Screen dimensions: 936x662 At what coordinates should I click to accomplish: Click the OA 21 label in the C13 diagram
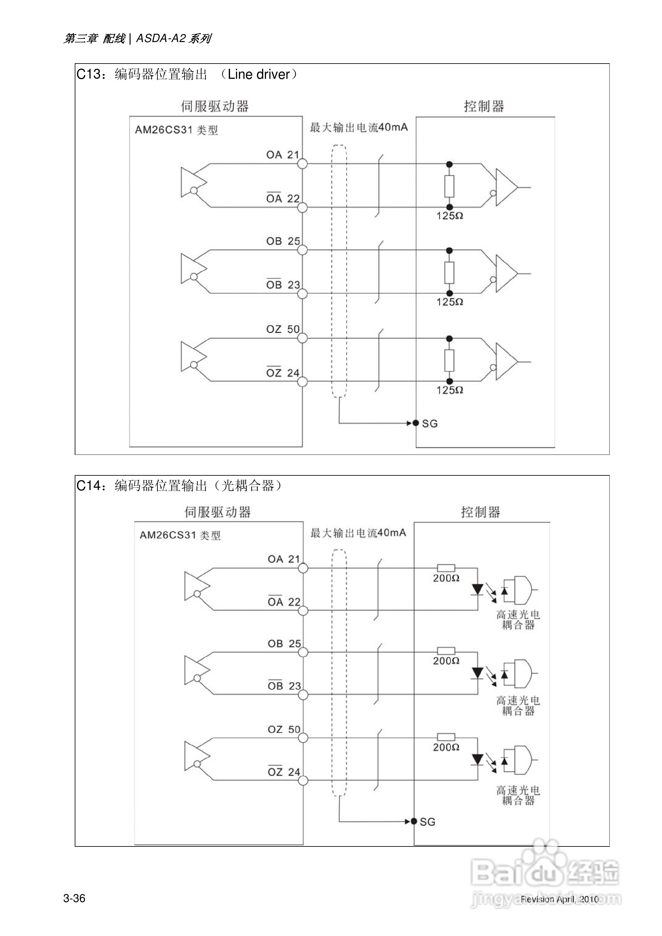pyautogui.click(x=283, y=155)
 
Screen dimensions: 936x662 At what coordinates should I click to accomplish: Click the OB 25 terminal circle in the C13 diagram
pyautogui.click(x=302, y=250)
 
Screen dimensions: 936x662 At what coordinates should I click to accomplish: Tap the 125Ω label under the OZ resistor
pyautogui.click(x=450, y=390)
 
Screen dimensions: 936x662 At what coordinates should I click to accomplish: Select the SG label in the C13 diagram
pyautogui.click(x=430, y=424)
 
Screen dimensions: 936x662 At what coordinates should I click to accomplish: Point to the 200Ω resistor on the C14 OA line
pyautogui.click(x=446, y=568)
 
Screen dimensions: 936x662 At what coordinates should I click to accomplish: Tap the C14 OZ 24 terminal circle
pyautogui.click(x=303, y=781)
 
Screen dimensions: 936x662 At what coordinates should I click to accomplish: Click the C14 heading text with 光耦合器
pyautogui.click(x=179, y=486)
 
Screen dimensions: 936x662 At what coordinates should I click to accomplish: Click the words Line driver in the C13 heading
pyautogui.click(x=259, y=74)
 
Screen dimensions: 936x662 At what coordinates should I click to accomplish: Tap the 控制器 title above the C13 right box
pyautogui.click(x=484, y=107)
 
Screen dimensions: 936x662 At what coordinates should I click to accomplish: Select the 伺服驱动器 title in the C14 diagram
pyautogui.click(x=217, y=512)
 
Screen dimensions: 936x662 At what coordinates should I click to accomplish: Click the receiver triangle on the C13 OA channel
pyautogui.click(x=505, y=187)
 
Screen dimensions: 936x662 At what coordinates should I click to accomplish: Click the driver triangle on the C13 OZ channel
pyautogui.click(x=191, y=356)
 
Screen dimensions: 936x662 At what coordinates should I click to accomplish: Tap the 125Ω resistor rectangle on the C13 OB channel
pyautogui.click(x=449, y=273)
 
